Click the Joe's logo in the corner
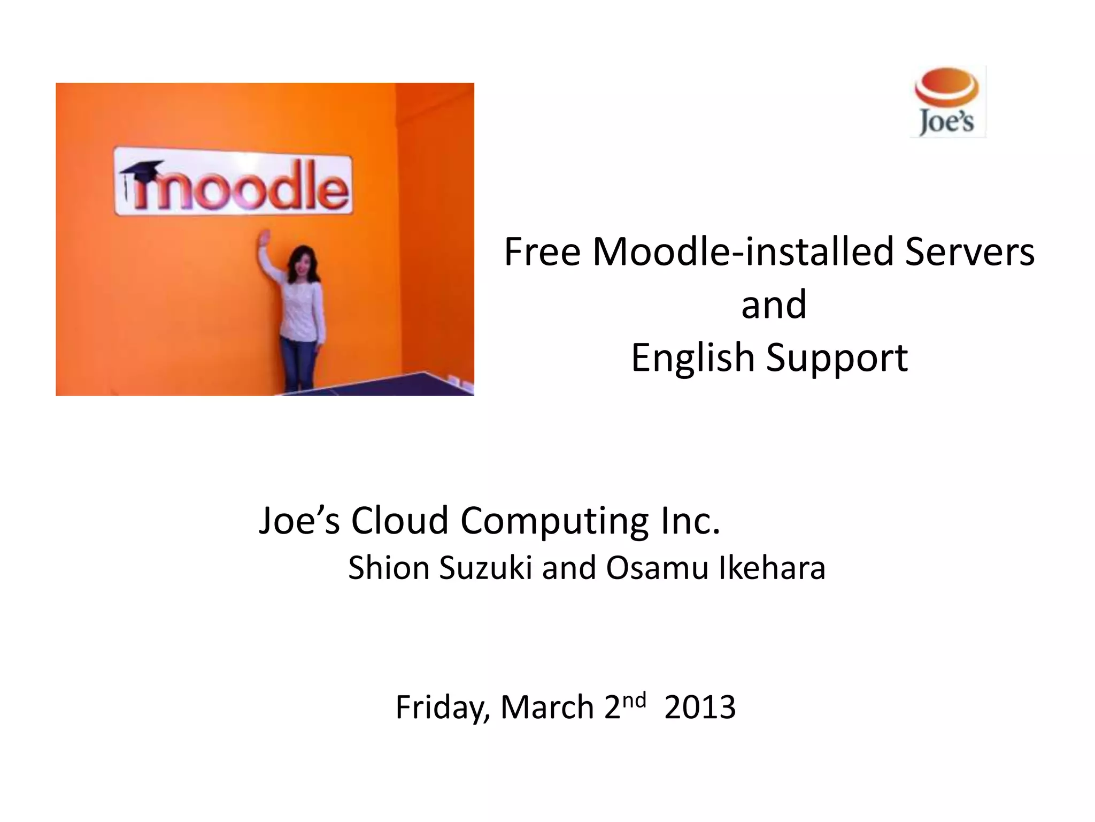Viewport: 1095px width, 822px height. (x=947, y=102)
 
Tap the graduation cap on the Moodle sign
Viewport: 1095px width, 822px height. (x=142, y=170)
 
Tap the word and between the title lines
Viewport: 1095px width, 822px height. (x=774, y=305)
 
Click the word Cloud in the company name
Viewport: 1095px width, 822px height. (x=399, y=520)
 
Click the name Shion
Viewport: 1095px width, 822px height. (x=389, y=568)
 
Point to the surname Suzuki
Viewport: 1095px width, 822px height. (x=485, y=568)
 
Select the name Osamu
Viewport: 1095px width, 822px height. (x=657, y=568)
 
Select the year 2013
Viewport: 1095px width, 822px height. (x=700, y=707)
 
